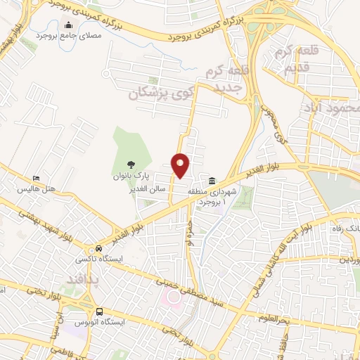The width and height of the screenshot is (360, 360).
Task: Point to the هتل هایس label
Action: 37,191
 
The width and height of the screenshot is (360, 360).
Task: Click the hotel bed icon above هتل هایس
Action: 37,179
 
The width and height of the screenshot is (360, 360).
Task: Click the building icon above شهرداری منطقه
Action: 212,179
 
